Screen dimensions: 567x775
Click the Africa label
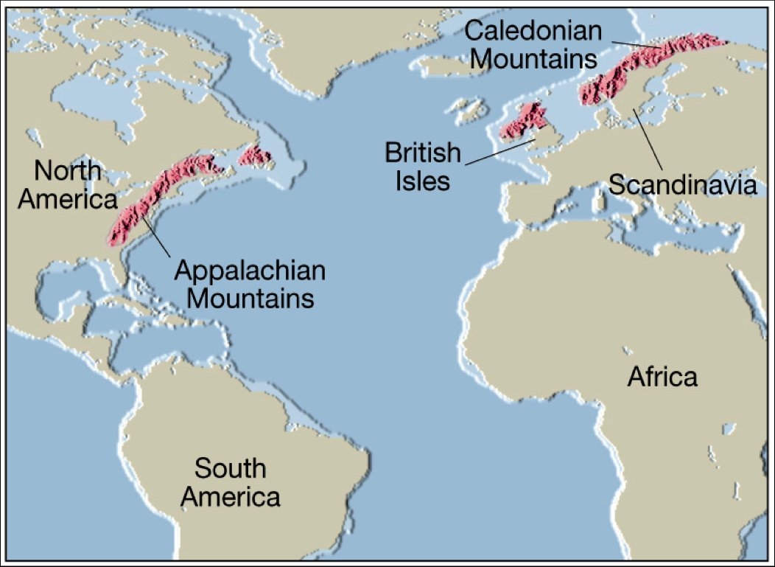click(x=662, y=377)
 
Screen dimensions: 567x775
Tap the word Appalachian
click(x=250, y=271)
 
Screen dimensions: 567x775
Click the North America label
click(x=68, y=184)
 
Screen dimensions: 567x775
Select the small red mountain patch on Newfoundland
click(x=256, y=155)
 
